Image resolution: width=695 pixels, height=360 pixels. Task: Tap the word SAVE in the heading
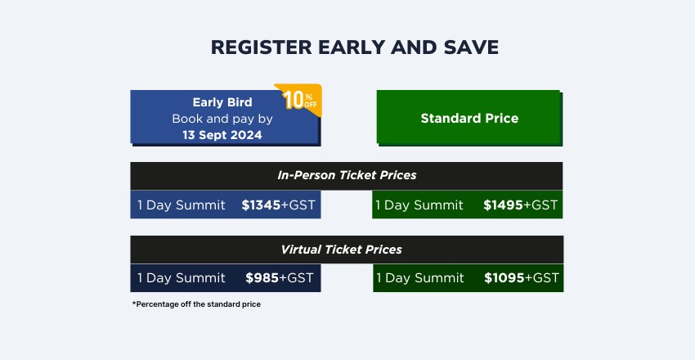coord(471,47)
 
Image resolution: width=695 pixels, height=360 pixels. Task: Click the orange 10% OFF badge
coord(299,99)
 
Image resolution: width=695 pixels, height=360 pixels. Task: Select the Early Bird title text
coord(222,102)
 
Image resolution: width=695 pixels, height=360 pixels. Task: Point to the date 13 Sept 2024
coord(222,135)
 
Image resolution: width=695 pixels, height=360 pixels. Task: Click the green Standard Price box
coord(469,118)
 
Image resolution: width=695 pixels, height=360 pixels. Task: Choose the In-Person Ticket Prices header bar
coord(347,176)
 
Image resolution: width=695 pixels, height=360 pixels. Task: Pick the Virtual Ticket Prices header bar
coord(347,250)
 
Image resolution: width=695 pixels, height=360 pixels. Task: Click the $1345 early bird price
coord(261,205)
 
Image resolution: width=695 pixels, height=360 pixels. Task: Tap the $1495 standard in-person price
coord(503,205)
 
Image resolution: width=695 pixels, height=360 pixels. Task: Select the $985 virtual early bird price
coord(262,278)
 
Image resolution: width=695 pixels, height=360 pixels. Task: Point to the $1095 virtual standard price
coord(504,278)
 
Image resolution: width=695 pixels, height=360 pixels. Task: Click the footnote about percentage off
coord(196,304)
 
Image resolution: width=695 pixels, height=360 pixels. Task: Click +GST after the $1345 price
coord(298,205)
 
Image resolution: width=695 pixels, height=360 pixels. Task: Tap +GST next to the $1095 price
coord(541,278)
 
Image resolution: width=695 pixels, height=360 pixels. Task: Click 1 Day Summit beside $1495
coord(419,205)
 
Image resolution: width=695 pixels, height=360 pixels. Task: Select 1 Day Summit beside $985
coord(182,278)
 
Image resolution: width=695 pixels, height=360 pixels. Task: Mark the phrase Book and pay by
coord(222,119)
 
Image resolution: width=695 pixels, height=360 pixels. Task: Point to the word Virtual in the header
coord(301,250)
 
